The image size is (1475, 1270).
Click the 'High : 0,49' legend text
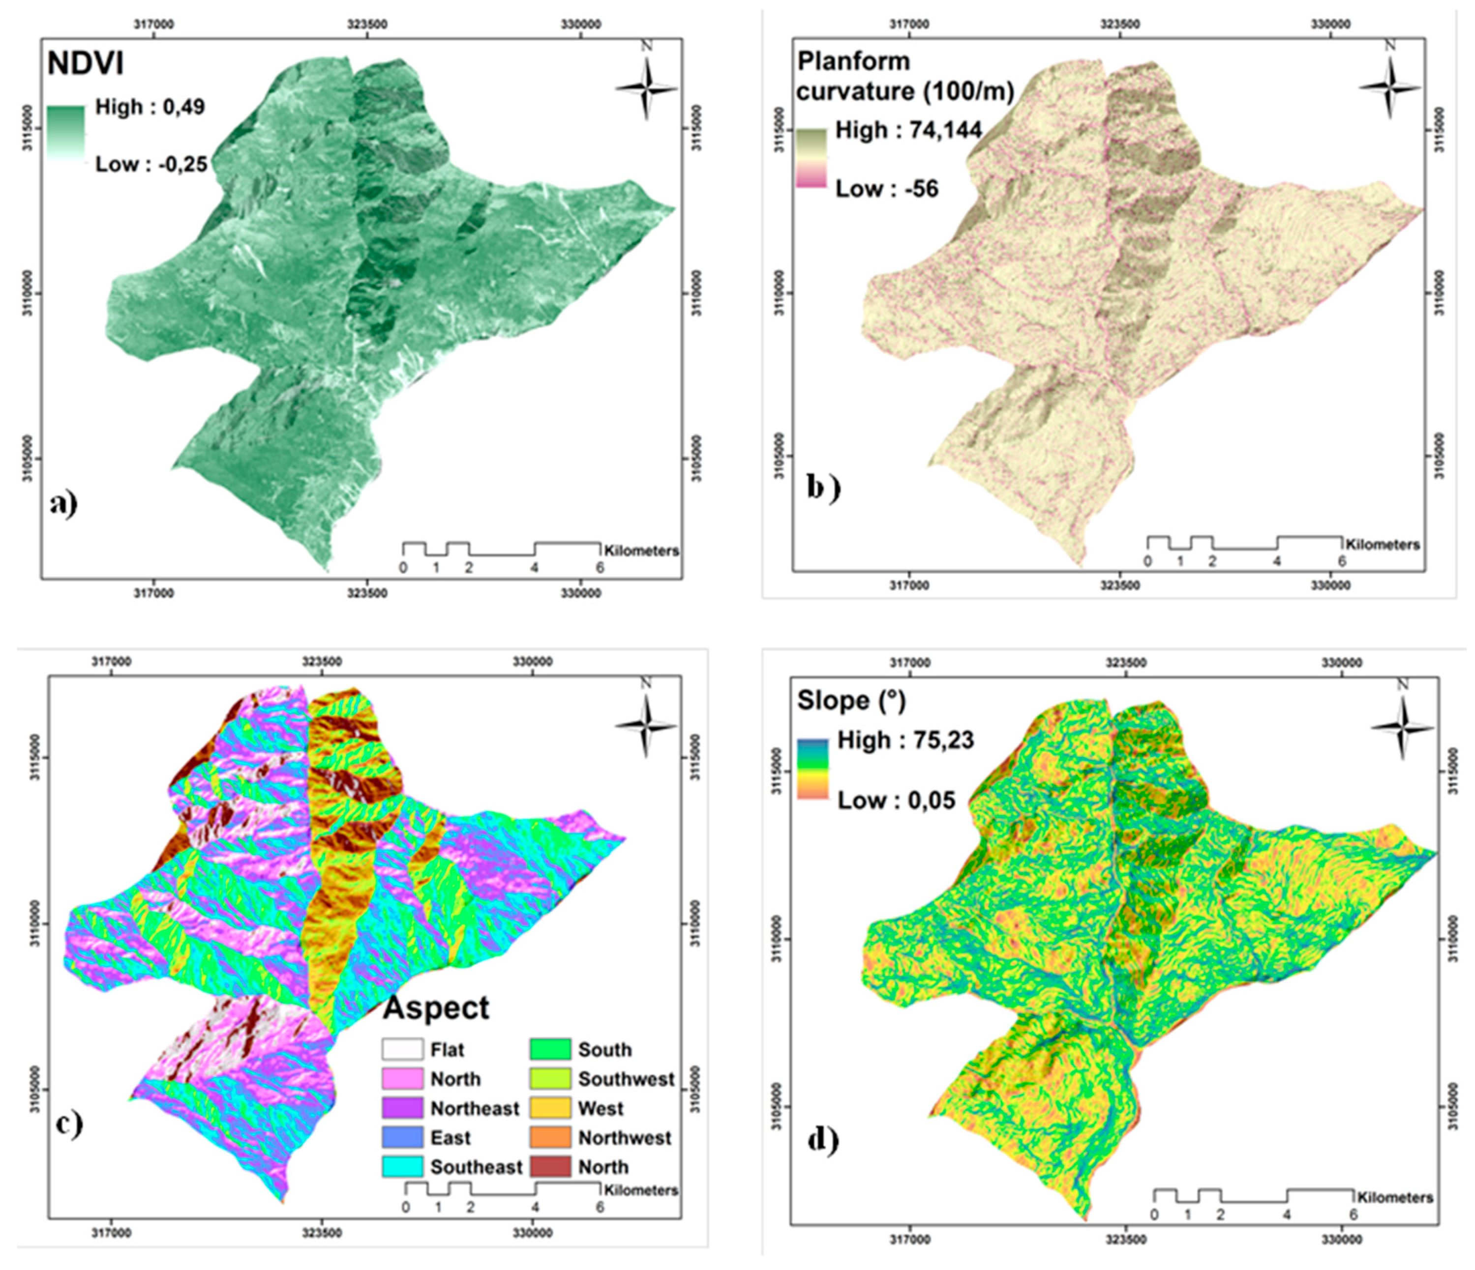(x=150, y=108)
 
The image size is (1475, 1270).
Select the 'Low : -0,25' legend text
(x=151, y=164)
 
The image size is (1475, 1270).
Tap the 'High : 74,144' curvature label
(x=908, y=130)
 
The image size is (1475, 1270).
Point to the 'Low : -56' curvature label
(x=886, y=189)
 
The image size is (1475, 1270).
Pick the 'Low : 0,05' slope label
(x=896, y=801)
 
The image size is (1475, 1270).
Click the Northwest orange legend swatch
(x=550, y=1138)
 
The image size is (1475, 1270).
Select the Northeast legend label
(x=474, y=1108)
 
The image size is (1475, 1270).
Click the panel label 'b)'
(x=823, y=488)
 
